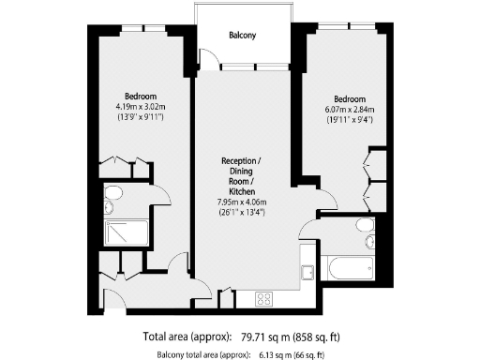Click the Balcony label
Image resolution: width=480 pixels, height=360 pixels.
coord(243,37)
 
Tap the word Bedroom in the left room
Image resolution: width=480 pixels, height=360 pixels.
coord(140,97)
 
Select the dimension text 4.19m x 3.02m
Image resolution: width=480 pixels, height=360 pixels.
coord(140,107)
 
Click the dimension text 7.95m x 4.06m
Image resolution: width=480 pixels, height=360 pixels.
coord(243,202)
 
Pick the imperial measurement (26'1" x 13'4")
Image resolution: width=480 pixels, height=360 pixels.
coord(243,212)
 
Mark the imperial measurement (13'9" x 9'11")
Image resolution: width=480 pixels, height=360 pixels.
coord(140,118)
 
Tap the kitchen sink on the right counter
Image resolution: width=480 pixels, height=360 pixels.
coord(307,271)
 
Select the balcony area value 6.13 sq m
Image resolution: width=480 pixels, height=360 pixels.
coord(275,353)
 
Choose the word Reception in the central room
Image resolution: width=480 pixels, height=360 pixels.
coord(242,159)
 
